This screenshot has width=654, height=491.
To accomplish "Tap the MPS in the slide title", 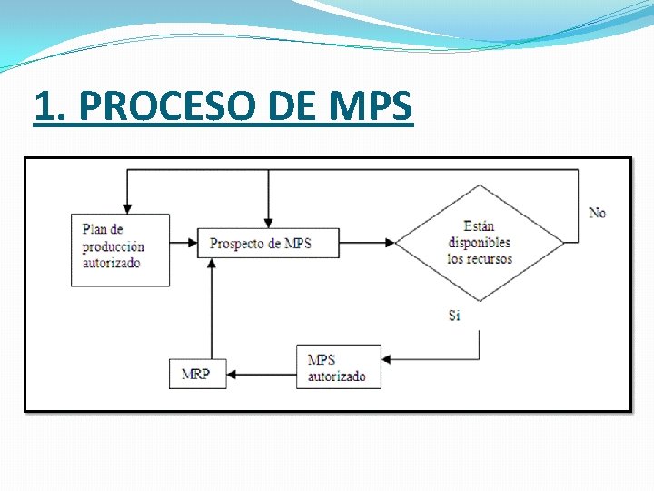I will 371,107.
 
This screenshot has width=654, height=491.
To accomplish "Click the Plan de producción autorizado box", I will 120,249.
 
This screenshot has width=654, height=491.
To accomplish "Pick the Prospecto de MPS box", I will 267,243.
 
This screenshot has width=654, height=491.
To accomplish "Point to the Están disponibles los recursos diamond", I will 480,243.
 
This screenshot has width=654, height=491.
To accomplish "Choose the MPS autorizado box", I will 338,366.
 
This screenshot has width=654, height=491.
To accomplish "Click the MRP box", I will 196,374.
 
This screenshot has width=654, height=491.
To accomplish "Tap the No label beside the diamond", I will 597,213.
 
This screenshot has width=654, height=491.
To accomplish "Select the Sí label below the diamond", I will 454,316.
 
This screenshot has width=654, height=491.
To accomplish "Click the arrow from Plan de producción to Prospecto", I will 183,243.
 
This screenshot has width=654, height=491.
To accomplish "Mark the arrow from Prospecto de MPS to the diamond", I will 366,243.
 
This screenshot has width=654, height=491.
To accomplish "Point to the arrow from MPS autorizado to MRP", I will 261,374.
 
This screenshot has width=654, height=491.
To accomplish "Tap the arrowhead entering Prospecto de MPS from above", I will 268,223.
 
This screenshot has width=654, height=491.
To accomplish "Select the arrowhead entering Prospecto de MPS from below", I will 211,263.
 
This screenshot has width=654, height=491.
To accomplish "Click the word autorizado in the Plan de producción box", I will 111,264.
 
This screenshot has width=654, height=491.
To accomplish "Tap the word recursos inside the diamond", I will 490,259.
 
